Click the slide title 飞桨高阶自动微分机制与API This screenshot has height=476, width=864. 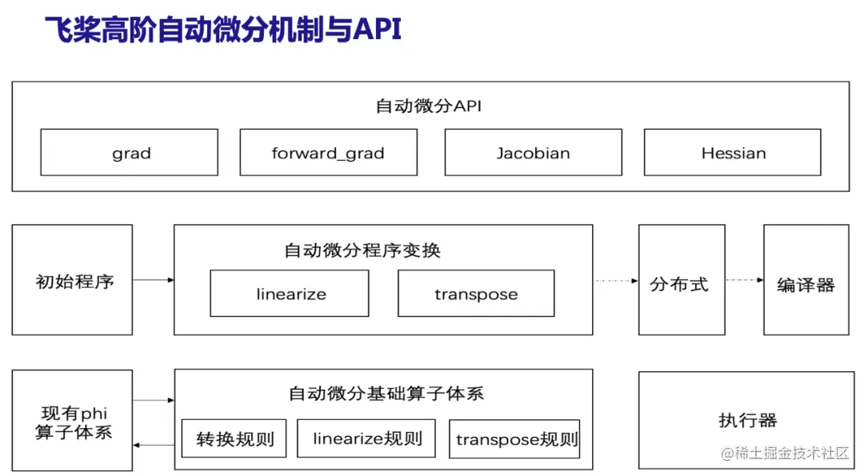click(x=223, y=29)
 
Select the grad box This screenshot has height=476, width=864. click(x=130, y=153)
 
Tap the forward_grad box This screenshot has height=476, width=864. click(x=329, y=153)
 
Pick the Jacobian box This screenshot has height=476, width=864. click(x=534, y=153)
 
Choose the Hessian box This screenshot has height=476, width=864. click(x=733, y=153)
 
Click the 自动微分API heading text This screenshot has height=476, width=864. click(x=429, y=106)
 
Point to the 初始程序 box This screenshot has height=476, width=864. click(x=72, y=280)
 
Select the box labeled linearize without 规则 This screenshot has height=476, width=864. click(x=290, y=293)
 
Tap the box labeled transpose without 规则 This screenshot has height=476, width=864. click(x=477, y=293)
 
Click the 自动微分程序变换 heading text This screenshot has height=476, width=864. click(x=362, y=250)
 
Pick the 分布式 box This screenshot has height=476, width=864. click(x=682, y=280)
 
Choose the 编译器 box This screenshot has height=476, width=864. click(x=806, y=280)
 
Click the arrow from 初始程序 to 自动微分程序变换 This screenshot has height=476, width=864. click(x=153, y=280)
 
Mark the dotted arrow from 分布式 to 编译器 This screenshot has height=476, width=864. click(x=745, y=280)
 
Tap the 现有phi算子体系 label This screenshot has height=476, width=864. click(x=74, y=422)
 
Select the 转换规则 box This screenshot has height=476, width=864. click(x=234, y=438)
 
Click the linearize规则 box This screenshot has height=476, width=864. click(x=366, y=438)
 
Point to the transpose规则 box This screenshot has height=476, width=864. click(x=514, y=439)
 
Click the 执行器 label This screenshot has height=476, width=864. click(x=748, y=420)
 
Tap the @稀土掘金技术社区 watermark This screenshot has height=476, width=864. click(x=785, y=454)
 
